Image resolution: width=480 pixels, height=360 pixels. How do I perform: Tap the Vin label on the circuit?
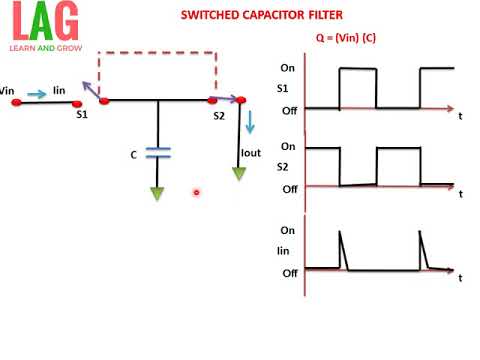pos(7,90)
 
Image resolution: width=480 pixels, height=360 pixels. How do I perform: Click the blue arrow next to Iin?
pos(36,94)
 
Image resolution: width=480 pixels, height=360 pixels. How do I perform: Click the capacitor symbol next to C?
pos(158,152)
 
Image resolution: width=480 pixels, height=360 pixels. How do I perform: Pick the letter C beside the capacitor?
pos(134,154)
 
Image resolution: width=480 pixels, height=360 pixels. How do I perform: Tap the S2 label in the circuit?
pos(219,116)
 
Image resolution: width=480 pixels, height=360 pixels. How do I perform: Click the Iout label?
pos(251,154)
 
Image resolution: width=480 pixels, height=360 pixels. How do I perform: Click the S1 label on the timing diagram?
pos(285,87)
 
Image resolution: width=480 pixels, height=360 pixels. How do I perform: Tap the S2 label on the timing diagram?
pos(284,167)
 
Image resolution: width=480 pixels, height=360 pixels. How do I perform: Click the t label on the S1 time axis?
pos(460,116)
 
